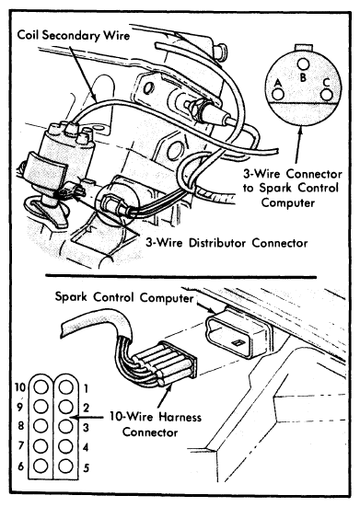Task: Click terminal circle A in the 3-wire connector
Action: (x=278, y=95)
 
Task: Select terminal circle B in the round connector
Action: (x=303, y=64)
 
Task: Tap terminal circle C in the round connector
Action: (x=326, y=96)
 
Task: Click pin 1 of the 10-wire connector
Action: (x=65, y=387)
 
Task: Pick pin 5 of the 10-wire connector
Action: (x=65, y=466)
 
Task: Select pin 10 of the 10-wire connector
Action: (x=41, y=387)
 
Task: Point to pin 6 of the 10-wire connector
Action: (x=41, y=466)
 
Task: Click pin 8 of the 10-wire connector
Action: (x=41, y=426)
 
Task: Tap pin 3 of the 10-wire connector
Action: (x=65, y=426)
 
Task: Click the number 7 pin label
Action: (x=21, y=446)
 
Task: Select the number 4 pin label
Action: (x=86, y=448)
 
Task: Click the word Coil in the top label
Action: (x=29, y=35)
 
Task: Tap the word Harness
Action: (x=180, y=417)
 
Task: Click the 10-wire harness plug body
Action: (x=168, y=363)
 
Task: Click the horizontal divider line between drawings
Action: (x=180, y=276)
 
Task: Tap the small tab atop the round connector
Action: (x=303, y=47)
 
